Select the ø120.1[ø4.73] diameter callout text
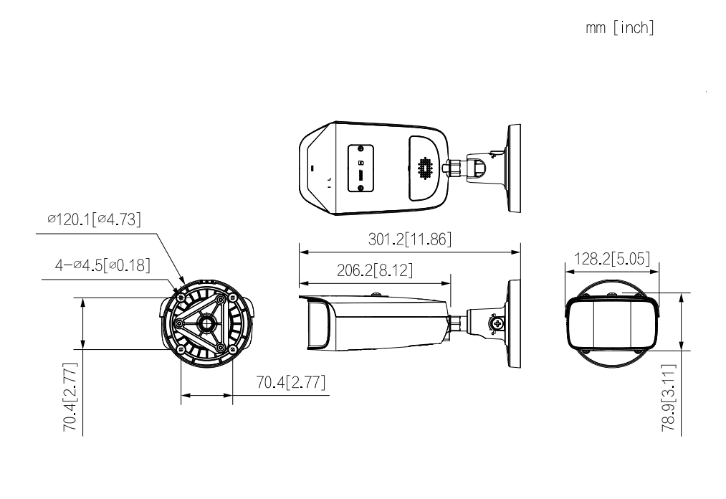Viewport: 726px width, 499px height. (93, 219)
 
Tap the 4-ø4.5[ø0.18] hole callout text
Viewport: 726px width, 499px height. (102, 265)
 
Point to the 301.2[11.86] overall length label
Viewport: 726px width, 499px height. (409, 239)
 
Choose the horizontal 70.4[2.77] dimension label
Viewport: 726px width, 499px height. (290, 382)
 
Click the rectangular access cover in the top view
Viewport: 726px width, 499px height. (360, 168)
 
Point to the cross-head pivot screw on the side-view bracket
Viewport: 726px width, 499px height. (493, 323)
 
